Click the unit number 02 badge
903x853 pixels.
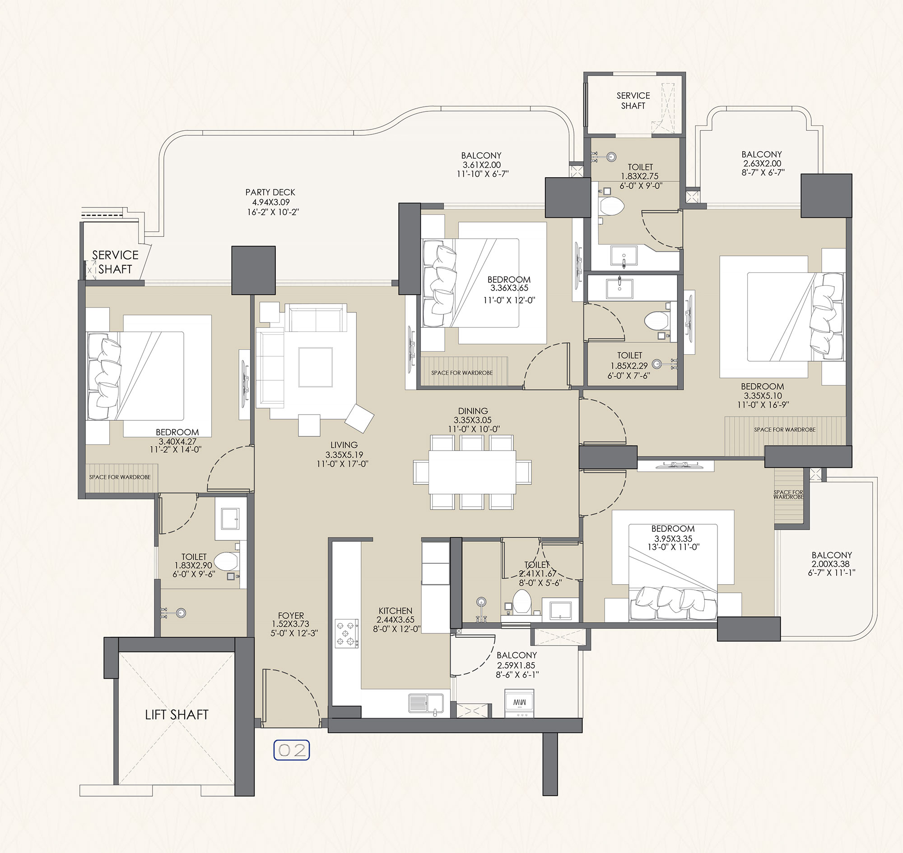tap(291, 750)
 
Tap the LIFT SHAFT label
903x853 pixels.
tap(177, 715)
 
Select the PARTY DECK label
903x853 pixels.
tap(270, 192)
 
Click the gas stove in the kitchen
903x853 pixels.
tap(347, 633)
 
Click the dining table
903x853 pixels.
tap(472, 472)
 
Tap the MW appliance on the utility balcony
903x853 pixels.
tap(519, 703)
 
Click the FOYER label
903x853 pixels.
tap(291, 616)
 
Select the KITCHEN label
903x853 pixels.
tap(396, 611)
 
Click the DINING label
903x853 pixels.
tap(473, 410)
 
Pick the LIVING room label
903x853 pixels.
tap(344, 445)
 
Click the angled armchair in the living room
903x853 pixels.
tap(359, 418)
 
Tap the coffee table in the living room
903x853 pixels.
tap(316, 367)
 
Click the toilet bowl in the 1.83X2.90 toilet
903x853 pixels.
tap(226, 561)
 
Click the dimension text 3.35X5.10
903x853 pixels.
tap(763, 396)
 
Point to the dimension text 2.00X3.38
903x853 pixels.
tap(832, 564)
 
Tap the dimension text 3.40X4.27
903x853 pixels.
tap(177, 441)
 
